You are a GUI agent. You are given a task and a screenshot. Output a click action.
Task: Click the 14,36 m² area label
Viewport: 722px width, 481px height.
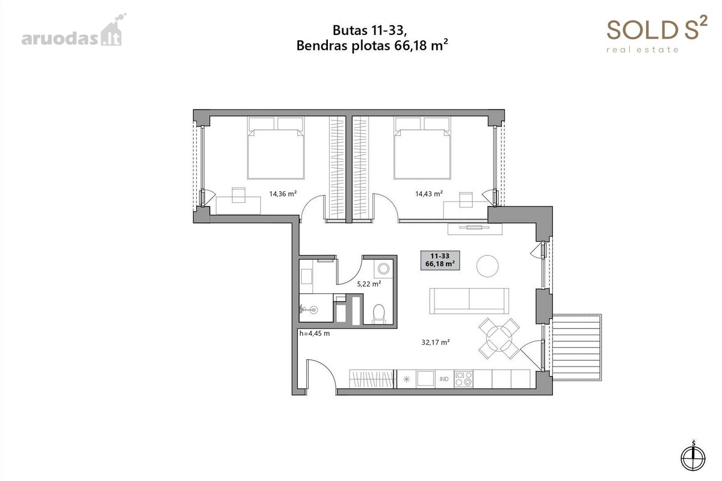tap(283, 194)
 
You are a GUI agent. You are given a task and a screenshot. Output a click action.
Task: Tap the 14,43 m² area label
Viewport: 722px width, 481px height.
tap(428, 194)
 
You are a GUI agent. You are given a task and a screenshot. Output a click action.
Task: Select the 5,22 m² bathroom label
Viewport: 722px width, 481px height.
tap(369, 284)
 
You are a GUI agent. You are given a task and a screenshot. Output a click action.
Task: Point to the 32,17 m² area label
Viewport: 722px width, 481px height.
tap(436, 343)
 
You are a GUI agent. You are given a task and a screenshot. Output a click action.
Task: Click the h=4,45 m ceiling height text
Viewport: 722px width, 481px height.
tap(315, 334)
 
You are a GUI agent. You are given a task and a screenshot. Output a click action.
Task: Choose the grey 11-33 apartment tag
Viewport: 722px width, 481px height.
tap(440, 260)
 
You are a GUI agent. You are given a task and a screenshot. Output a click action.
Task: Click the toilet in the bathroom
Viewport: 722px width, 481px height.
tap(378, 314)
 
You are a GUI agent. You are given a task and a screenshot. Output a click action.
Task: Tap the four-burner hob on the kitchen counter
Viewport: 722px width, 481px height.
tap(463, 379)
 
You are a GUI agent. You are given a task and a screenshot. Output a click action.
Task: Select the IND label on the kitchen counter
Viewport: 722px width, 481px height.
tap(444, 379)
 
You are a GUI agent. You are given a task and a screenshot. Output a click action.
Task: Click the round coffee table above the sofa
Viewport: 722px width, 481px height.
tap(487, 266)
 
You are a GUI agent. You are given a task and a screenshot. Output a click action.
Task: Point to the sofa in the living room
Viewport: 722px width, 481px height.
tap(469, 300)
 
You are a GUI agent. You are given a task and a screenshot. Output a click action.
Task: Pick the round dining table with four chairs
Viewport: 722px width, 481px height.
tap(499, 338)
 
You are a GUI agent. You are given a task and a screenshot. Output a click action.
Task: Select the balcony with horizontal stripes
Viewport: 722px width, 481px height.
tap(576, 347)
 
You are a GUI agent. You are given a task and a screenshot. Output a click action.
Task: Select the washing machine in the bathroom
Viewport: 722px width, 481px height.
tap(384, 268)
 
